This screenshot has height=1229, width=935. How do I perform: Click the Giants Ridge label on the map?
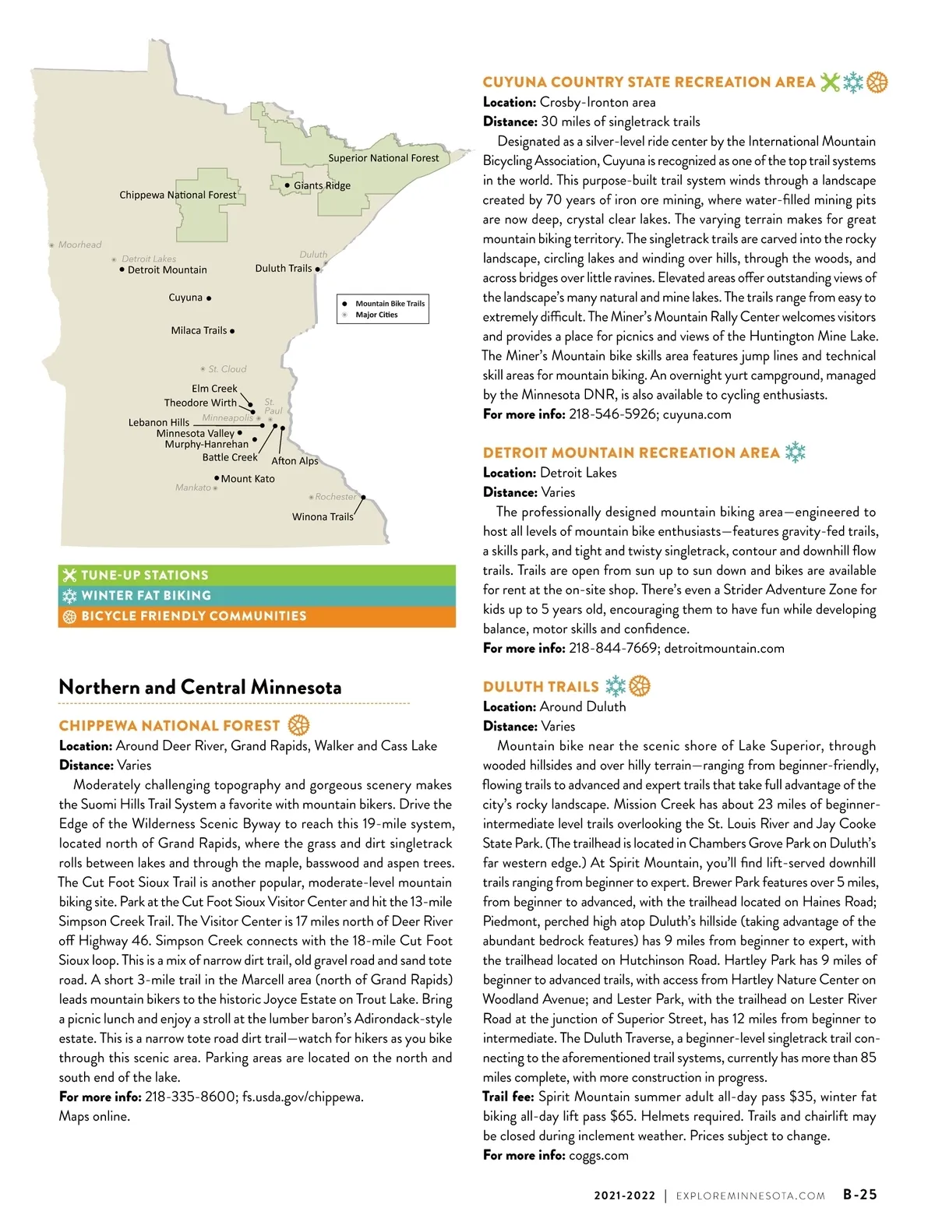point(322,185)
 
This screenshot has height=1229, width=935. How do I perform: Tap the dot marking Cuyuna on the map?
point(209,298)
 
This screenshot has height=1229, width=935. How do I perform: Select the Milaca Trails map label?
point(199,330)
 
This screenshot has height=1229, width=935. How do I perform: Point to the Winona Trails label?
point(323,516)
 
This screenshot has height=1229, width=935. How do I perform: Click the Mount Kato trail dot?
point(217,478)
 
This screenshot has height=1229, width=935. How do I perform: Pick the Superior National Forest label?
point(383,157)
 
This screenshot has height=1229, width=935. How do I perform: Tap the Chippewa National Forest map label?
point(178,195)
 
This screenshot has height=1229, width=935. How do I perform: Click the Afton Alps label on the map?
point(295,460)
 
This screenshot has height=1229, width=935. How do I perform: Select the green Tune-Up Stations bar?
point(256,575)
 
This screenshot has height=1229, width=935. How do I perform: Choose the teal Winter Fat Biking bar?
point(256,595)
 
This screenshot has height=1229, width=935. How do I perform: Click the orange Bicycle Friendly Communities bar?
point(256,616)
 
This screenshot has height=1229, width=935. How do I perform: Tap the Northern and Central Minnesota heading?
point(200,687)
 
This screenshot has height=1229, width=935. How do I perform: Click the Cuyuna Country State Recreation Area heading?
point(648,82)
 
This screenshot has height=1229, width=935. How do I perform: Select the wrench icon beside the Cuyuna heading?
point(830,82)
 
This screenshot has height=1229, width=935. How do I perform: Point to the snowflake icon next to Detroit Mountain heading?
point(795,453)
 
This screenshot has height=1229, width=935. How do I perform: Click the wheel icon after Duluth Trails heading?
point(640,686)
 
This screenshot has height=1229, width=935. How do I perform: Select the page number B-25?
point(859,1195)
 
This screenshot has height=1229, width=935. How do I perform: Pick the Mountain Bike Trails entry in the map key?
point(390,304)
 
